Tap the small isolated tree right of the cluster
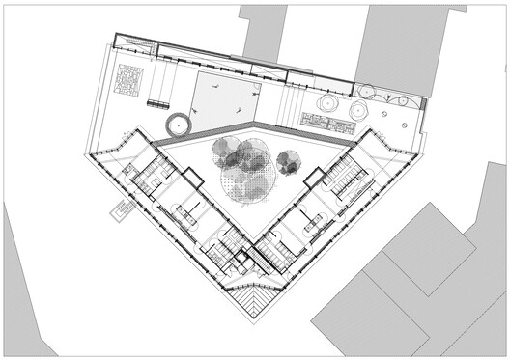click(x=287, y=162)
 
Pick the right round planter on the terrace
click(x=356, y=110)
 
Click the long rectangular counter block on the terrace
click(x=326, y=121)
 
